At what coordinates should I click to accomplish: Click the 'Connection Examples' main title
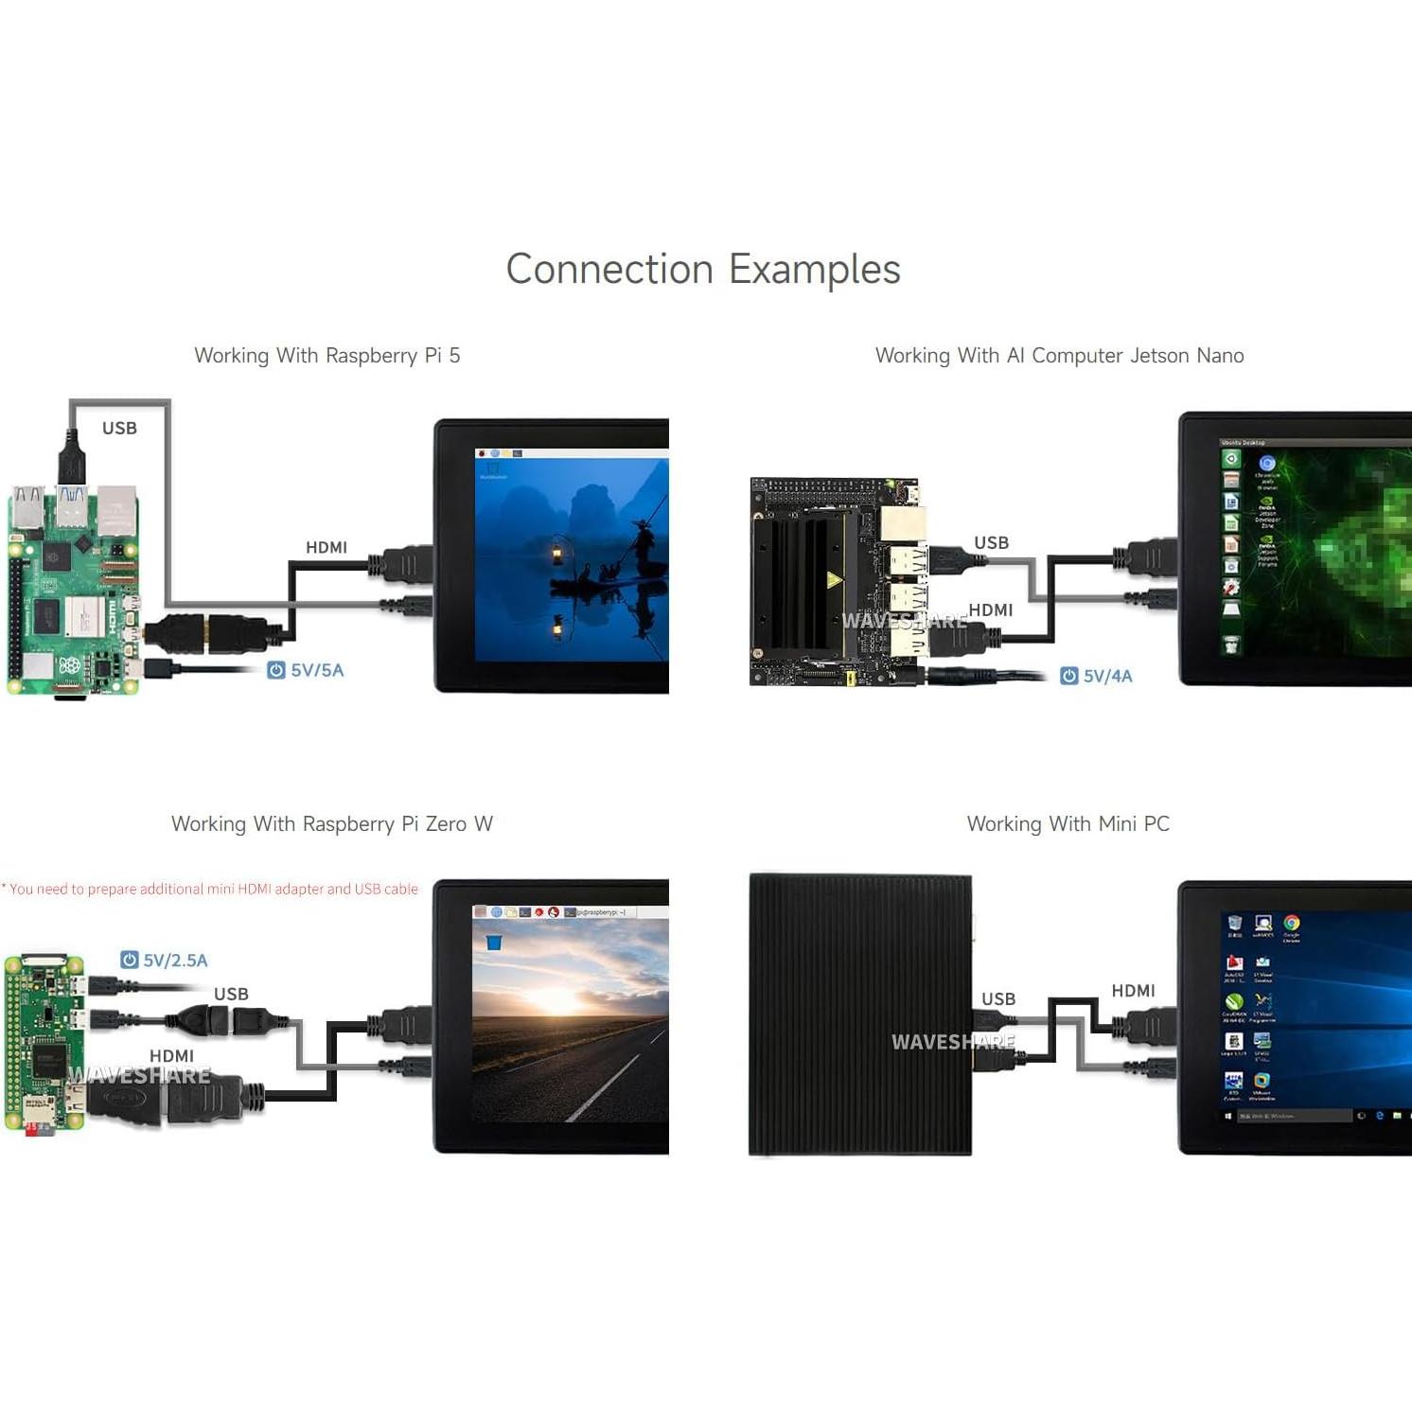click(703, 270)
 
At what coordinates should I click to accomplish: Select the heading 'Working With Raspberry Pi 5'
click(327, 356)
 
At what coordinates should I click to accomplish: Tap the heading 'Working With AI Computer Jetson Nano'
click(1059, 356)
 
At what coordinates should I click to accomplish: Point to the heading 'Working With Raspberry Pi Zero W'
click(332, 824)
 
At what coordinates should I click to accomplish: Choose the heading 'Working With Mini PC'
click(1068, 824)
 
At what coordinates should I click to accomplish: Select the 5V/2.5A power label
click(165, 960)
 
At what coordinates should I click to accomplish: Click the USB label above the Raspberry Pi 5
click(119, 429)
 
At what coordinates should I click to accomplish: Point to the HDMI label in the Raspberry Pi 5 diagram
click(327, 547)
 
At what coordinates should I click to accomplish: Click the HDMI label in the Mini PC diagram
click(1133, 991)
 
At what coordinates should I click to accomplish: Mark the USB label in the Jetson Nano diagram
click(991, 542)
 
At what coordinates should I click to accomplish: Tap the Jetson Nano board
click(833, 582)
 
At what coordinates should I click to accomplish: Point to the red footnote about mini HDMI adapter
click(210, 889)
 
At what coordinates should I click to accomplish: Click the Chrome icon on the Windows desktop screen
click(1292, 923)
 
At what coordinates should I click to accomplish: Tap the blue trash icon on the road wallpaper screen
click(493, 942)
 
